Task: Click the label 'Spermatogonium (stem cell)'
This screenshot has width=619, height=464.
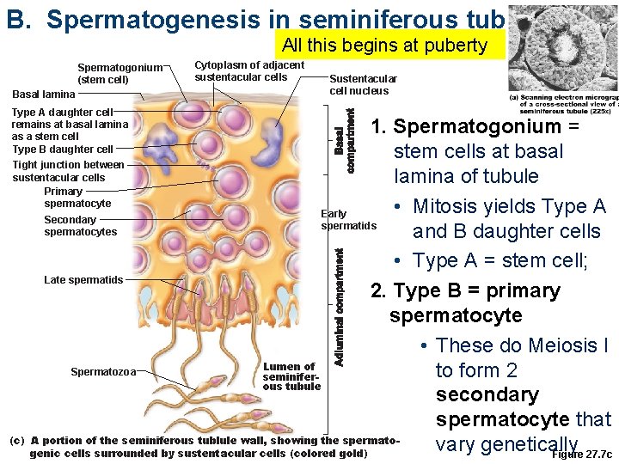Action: pyautogui.click(x=120, y=74)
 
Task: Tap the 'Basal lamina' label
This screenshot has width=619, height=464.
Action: pyautogui.click(x=43, y=94)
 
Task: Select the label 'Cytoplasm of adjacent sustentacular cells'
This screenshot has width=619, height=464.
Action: pyautogui.click(x=249, y=71)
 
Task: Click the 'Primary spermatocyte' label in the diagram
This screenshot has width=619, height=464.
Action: pyautogui.click(x=77, y=197)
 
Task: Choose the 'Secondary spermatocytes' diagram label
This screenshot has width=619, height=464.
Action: pyautogui.click(x=80, y=225)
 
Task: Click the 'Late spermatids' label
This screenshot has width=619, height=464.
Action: pyautogui.click(x=83, y=279)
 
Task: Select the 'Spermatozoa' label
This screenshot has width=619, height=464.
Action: pyautogui.click(x=105, y=371)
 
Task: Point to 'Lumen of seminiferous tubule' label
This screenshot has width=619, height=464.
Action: pyautogui.click(x=291, y=376)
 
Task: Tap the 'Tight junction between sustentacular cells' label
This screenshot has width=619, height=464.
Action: pyautogui.click(x=69, y=170)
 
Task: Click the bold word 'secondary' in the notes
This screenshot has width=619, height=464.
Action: pyautogui.click(x=487, y=394)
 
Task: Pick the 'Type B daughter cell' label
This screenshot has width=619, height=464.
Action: pyautogui.click(x=63, y=150)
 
